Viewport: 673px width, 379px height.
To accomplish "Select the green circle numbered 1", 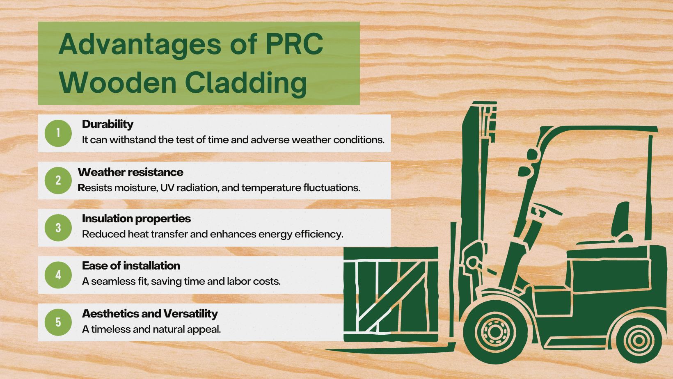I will (x=58, y=133).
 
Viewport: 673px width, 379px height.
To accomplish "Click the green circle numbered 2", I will (x=58, y=180).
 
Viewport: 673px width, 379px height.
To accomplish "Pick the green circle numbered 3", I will (x=58, y=228).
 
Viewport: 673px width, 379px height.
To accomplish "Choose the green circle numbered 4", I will (x=58, y=275).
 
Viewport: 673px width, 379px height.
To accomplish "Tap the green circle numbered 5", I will (x=58, y=322).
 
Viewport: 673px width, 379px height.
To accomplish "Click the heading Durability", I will (x=108, y=124).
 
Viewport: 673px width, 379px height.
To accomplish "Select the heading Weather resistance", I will (x=130, y=172).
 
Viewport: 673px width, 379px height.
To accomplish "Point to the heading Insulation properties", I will (x=136, y=219).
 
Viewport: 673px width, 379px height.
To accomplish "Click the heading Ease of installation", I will (x=131, y=266).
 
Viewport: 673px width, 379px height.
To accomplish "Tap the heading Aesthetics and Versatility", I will (x=150, y=314).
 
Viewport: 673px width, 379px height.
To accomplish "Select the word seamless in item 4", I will (x=110, y=282).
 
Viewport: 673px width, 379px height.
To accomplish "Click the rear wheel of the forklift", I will (x=638, y=340).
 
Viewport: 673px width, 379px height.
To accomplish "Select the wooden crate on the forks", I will (x=390, y=295).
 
